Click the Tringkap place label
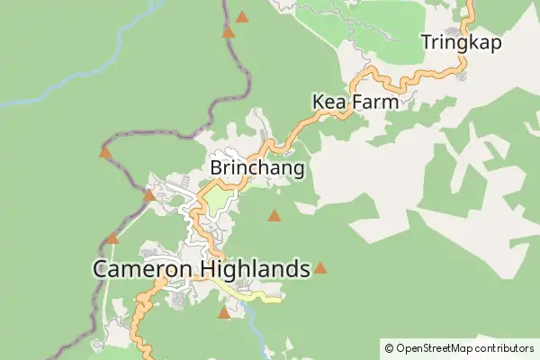click(461, 42)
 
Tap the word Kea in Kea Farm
click(328, 102)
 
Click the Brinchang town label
click(256, 168)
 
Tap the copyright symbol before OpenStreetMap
click(389, 347)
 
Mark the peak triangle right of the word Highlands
click(319, 267)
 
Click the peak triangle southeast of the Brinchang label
click(274, 215)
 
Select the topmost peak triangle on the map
click(242, 16)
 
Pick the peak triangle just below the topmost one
click(229, 32)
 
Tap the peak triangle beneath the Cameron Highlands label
click(224, 313)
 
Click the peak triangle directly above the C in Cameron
click(112, 238)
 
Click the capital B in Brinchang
click(216, 168)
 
